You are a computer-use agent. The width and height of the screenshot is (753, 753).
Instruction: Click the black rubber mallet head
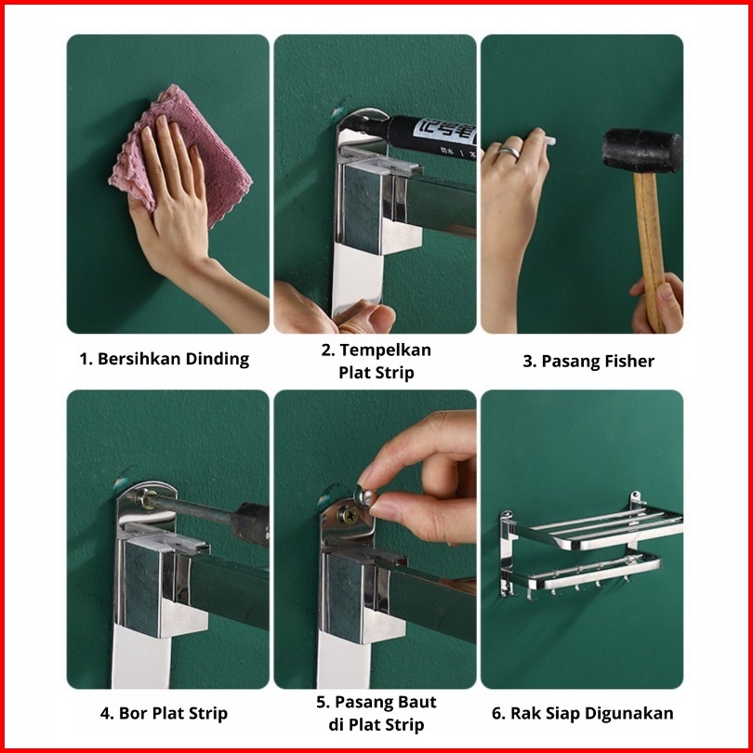coord(642,151)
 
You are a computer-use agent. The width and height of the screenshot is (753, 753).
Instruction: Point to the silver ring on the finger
coord(509,152)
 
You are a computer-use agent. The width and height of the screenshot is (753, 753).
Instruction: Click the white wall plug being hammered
coord(549,140)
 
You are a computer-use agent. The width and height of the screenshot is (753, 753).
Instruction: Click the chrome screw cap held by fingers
coord(364,496)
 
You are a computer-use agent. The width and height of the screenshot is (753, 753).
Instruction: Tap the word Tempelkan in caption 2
coord(386,350)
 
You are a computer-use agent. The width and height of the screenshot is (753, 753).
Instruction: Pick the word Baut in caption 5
coord(416,702)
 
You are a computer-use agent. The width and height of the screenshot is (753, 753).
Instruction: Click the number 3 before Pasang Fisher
coord(528,362)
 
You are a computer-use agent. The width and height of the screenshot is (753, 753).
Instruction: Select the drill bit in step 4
coord(190,509)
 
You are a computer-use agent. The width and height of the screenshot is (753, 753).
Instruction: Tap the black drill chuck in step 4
coord(250,523)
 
